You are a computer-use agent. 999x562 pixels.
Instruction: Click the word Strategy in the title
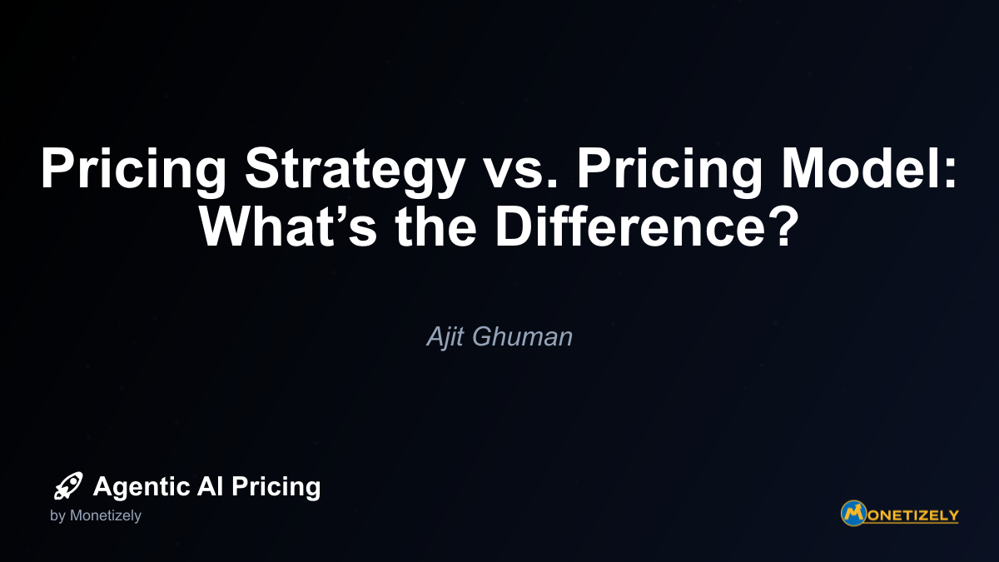click(355, 172)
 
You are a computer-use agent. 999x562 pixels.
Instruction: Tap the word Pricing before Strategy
click(133, 172)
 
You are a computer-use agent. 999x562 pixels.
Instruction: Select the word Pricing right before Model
click(669, 172)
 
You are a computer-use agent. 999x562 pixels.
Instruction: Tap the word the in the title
click(435, 226)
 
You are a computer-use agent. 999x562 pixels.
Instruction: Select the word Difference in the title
click(631, 226)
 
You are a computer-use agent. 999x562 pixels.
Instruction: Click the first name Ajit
click(446, 336)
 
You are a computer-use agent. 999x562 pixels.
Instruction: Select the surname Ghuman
click(522, 336)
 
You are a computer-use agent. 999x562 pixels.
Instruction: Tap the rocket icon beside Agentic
click(68, 485)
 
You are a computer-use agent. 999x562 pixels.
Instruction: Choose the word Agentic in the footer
click(142, 487)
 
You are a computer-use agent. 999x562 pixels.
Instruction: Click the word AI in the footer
click(210, 485)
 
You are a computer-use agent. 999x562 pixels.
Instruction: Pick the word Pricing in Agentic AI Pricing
click(276, 487)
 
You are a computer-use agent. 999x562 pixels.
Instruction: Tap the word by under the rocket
click(57, 515)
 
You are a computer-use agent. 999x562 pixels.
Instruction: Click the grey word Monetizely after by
click(106, 515)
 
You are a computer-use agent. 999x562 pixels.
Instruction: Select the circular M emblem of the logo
click(853, 514)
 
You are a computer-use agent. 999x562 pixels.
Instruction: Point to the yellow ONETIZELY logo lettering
click(913, 515)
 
